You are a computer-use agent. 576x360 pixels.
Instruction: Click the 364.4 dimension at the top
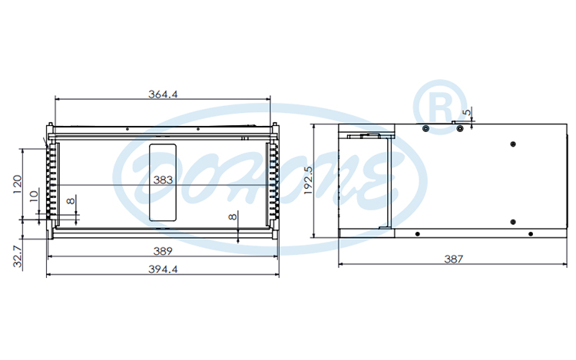click(x=163, y=94)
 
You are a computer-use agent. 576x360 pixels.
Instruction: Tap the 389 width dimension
click(x=163, y=251)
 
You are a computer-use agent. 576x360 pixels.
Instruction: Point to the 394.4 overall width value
click(x=163, y=269)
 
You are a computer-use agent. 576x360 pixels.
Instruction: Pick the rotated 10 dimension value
click(x=33, y=197)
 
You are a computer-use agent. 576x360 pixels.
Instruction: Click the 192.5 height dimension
click(x=309, y=181)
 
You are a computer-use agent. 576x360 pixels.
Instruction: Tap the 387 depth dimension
click(x=454, y=259)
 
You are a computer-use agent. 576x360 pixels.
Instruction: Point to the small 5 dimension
click(x=465, y=113)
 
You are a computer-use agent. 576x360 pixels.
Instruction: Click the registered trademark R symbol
click(x=439, y=102)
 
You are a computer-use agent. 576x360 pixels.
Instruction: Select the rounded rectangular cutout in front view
click(x=162, y=182)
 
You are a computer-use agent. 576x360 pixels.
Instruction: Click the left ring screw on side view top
click(x=425, y=128)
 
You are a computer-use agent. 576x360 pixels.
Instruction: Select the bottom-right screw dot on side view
click(x=528, y=233)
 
